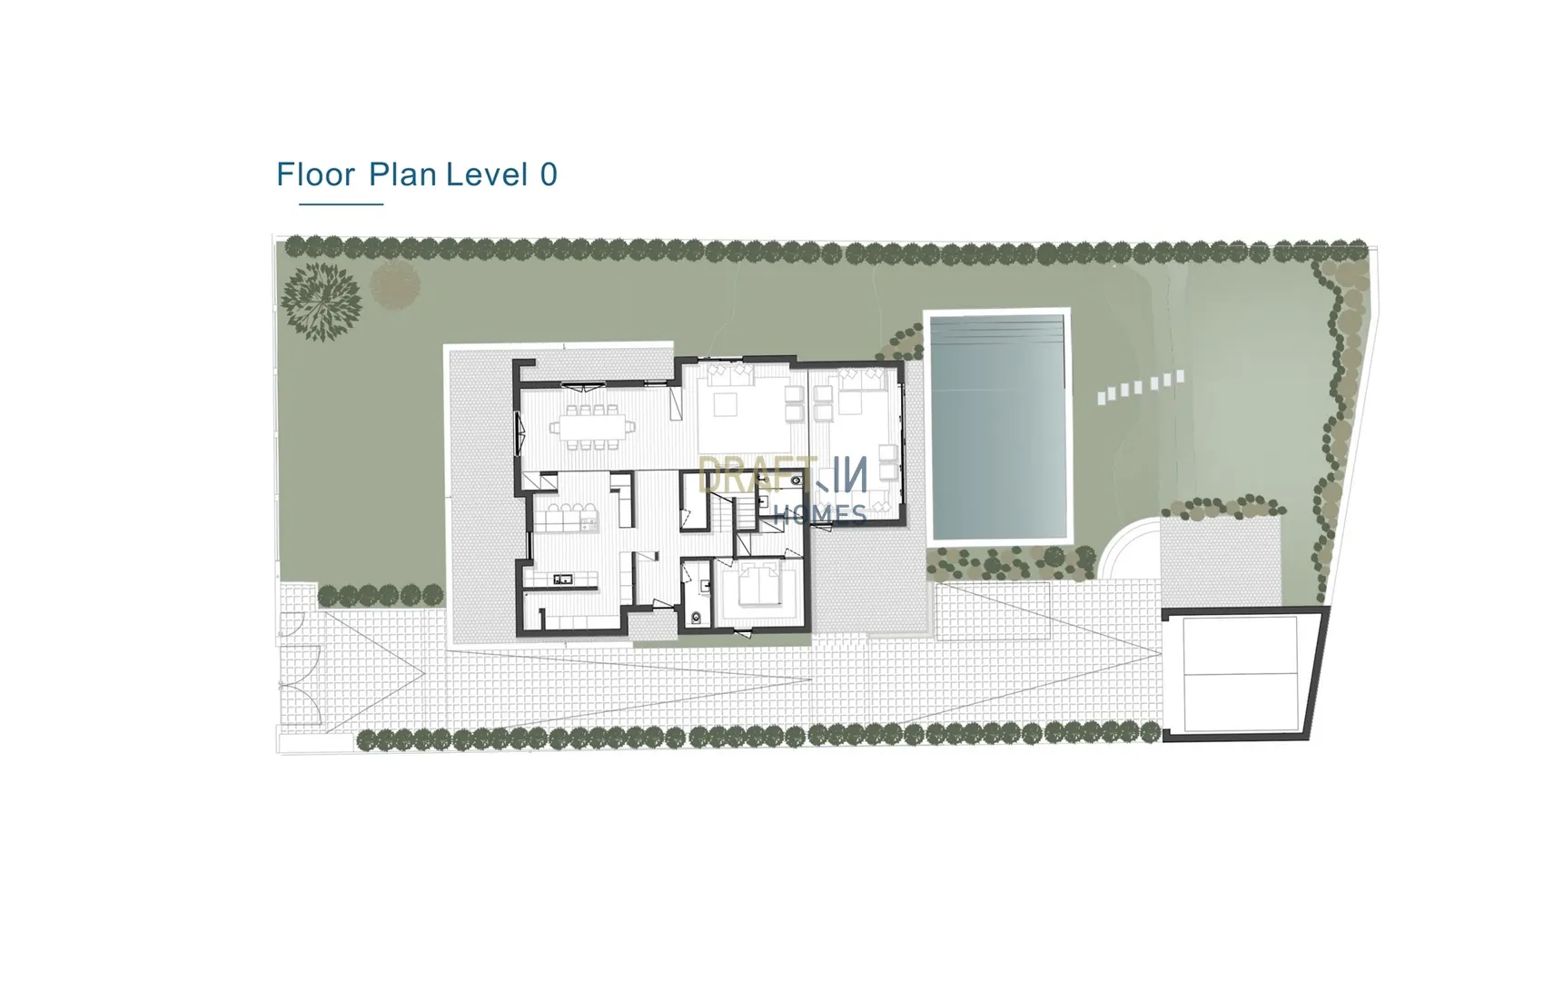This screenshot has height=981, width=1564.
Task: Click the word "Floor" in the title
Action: tap(315, 173)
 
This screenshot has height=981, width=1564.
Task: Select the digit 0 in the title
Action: tap(549, 173)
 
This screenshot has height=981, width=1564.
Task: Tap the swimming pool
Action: tap(998, 426)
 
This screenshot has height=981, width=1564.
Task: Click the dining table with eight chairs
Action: tap(587, 427)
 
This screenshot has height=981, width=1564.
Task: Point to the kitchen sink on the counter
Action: tap(563, 579)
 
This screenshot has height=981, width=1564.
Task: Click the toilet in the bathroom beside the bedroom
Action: tap(697, 618)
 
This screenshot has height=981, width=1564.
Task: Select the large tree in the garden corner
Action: tap(321, 300)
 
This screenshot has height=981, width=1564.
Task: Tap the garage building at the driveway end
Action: tap(1244, 673)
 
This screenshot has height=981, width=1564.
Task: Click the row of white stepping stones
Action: tap(1140, 387)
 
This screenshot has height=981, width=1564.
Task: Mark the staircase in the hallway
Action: tap(722, 513)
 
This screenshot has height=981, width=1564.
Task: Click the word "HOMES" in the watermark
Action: tap(819, 514)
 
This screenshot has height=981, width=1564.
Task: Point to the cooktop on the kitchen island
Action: tap(588, 523)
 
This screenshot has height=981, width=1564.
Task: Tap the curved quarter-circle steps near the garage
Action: tap(1129, 548)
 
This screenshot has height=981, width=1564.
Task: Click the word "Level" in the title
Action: tap(487, 173)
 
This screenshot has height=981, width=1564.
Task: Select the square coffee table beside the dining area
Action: tap(725, 404)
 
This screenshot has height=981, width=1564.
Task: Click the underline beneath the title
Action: tap(341, 204)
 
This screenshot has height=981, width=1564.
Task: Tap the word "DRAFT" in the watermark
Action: tap(744, 475)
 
